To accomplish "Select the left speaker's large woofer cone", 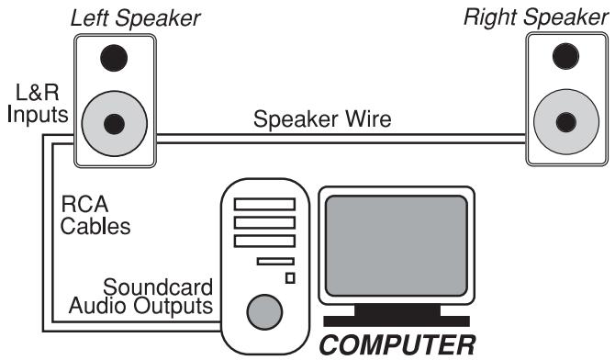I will coord(114,122).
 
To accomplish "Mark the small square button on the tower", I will coord(290,277).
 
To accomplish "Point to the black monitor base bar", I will coord(395,321).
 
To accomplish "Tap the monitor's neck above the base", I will coord(395,308).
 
